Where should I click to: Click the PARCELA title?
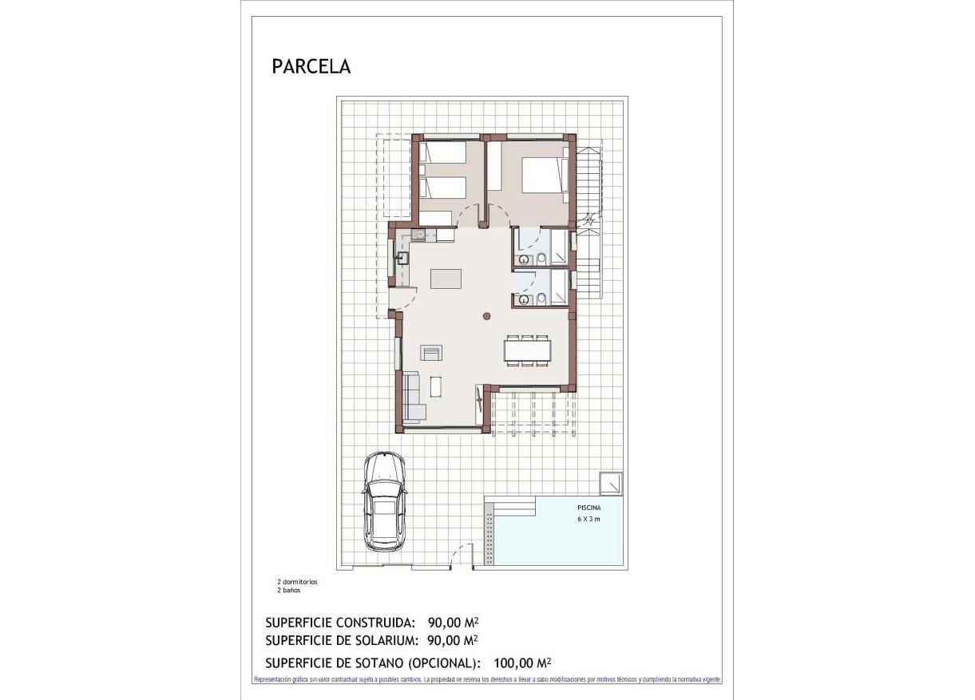tap(311, 66)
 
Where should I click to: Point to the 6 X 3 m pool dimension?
tap(589, 519)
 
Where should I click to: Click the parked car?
tap(385, 501)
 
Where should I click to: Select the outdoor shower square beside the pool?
tap(611, 483)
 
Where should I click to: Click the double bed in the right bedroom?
tap(544, 175)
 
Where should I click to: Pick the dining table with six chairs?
tap(527, 351)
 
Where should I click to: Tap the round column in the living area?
tap(487, 317)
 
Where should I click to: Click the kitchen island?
tap(446, 278)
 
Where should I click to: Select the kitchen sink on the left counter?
tap(402, 258)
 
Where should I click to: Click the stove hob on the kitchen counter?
tap(418, 235)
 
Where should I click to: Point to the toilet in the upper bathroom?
tap(541, 258)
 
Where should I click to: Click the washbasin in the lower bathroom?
tap(523, 300)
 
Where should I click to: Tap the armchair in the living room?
tap(432, 352)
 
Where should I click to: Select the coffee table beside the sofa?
tap(435, 386)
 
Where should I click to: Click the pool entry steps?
tap(509, 506)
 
